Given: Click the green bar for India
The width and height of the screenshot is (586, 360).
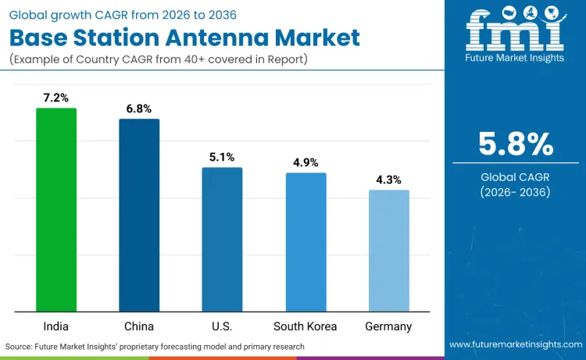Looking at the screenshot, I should pyautogui.click(x=56, y=210).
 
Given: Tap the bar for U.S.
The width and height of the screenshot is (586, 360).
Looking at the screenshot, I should pyautogui.click(x=222, y=240).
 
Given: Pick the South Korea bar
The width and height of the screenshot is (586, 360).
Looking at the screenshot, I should pyautogui.click(x=306, y=242).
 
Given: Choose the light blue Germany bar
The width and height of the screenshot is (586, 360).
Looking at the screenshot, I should pyautogui.click(x=388, y=251).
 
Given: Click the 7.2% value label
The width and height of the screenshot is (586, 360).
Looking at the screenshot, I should pyautogui.click(x=56, y=98).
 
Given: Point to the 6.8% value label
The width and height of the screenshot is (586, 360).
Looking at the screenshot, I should pyautogui.click(x=139, y=109).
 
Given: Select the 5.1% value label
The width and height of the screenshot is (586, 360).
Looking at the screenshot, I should pyautogui.click(x=222, y=157).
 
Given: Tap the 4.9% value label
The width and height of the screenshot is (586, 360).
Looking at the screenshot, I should pyautogui.click(x=306, y=162).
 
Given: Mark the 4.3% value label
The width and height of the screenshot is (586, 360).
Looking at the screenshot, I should pyautogui.click(x=388, y=180).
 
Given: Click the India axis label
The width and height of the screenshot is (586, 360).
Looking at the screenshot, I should pyautogui.click(x=56, y=326).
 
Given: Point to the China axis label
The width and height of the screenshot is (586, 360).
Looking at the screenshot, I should pyautogui.click(x=139, y=326).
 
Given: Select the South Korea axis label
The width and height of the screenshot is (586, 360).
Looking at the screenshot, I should pyautogui.click(x=306, y=326).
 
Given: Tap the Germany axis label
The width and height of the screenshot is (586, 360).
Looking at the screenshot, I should pyautogui.click(x=388, y=326).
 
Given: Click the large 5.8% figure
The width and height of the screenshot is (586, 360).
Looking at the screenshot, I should pyautogui.click(x=515, y=144).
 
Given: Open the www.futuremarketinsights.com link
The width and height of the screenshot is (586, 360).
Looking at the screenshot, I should pyautogui.click(x=515, y=344).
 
